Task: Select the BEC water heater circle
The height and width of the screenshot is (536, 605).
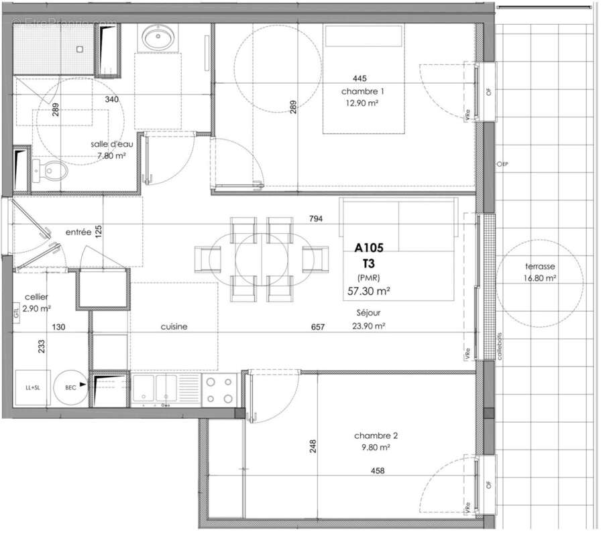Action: (x=71, y=387)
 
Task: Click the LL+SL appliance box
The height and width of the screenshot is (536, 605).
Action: (x=32, y=387)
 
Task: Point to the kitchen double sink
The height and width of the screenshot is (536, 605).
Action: (x=156, y=389)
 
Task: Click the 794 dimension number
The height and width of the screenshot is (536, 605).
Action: (x=317, y=219)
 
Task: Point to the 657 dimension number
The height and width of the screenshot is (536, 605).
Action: (x=317, y=327)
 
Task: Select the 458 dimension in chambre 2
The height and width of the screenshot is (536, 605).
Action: (x=378, y=471)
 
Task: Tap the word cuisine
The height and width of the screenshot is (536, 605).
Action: (x=174, y=326)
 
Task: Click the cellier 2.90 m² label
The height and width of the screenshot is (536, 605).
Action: (x=37, y=302)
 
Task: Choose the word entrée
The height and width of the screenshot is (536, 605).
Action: (x=78, y=232)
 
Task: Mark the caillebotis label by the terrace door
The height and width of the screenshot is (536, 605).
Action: (x=500, y=346)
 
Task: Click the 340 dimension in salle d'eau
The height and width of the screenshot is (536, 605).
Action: (x=112, y=99)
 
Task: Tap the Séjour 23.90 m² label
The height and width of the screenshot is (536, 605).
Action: (x=370, y=320)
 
